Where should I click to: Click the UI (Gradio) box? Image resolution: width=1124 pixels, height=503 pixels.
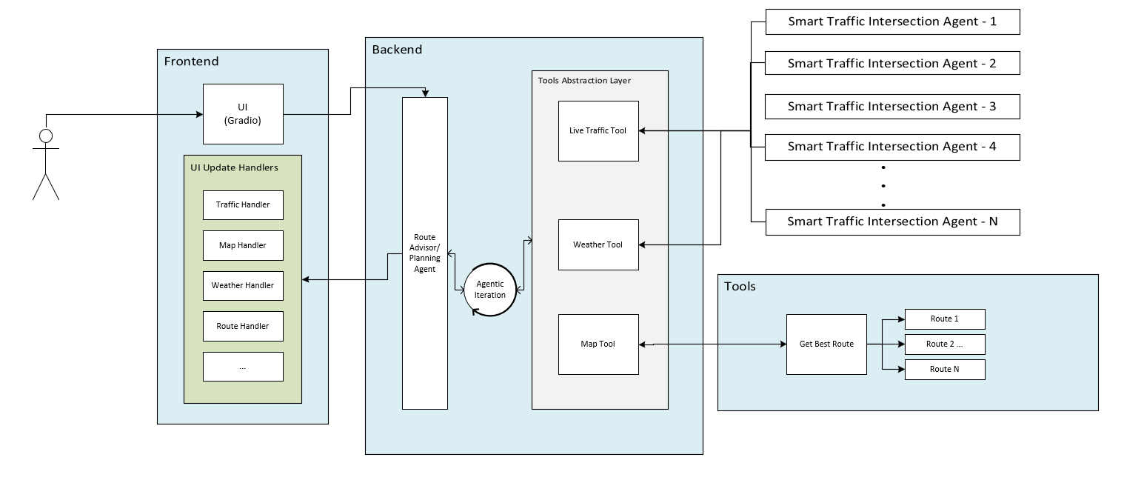[243, 113]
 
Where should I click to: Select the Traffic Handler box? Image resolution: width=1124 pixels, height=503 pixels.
[243, 204]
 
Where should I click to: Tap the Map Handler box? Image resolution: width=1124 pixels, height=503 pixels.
[243, 245]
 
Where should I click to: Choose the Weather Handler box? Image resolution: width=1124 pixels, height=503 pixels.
[243, 285]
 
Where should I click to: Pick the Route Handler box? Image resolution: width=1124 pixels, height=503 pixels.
[243, 326]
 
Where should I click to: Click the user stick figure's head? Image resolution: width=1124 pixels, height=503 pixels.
[46, 136]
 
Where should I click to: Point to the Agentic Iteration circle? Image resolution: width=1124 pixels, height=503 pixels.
[489, 290]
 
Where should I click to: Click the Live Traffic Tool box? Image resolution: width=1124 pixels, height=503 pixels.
[598, 131]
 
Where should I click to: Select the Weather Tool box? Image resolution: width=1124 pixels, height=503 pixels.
[598, 244]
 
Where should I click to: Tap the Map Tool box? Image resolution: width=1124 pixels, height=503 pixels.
[598, 344]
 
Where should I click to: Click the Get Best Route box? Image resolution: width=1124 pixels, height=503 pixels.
[826, 344]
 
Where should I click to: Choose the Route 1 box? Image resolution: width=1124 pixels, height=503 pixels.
[945, 319]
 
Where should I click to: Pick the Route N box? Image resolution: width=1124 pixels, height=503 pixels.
[945, 370]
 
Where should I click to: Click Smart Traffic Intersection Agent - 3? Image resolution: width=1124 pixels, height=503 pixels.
[891, 107]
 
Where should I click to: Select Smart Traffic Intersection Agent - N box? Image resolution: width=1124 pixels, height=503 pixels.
[891, 222]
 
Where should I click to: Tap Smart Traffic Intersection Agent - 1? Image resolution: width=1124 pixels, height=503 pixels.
[891, 22]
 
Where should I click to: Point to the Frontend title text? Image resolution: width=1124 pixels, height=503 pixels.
[191, 61]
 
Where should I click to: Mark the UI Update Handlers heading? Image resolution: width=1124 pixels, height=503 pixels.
[234, 167]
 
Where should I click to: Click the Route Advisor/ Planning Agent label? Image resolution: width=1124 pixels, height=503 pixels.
[424, 253]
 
